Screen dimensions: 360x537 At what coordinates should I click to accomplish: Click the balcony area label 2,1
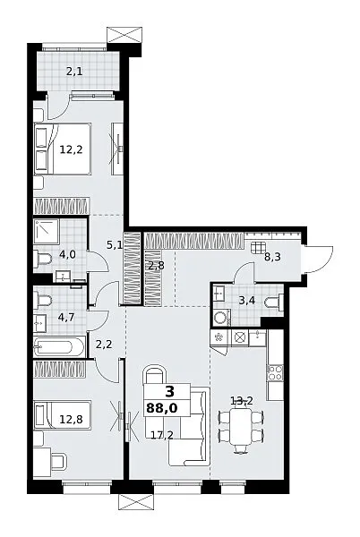click(x=74, y=72)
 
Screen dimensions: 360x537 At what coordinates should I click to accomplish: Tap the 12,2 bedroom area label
click(x=72, y=149)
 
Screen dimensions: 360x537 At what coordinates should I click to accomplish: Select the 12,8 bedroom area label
click(x=71, y=419)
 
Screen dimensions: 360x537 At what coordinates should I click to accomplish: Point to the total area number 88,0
click(x=162, y=408)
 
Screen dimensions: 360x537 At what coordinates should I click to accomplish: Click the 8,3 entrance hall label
click(x=272, y=257)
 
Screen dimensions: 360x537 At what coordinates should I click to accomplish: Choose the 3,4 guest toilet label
click(x=247, y=301)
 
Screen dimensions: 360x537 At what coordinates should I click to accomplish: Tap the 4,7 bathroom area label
click(x=66, y=317)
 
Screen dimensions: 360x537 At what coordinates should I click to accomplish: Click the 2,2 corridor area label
click(x=104, y=345)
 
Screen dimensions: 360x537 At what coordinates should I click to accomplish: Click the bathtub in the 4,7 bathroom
click(x=59, y=347)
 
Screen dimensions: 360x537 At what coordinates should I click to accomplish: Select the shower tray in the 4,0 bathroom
click(x=47, y=232)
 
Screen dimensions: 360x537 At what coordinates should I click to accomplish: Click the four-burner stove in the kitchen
click(x=275, y=372)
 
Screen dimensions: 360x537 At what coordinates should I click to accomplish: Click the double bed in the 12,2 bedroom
click(x=63, y=149)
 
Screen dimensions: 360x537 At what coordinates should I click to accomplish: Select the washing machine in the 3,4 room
click(x=221, y=318)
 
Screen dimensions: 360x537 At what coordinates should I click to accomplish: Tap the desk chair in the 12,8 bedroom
click(x=58, y=462)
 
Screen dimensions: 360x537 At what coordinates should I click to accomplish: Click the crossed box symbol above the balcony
click(x=124, y=35)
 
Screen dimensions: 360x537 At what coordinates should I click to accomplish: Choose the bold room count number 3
click(x=169, y=391)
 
